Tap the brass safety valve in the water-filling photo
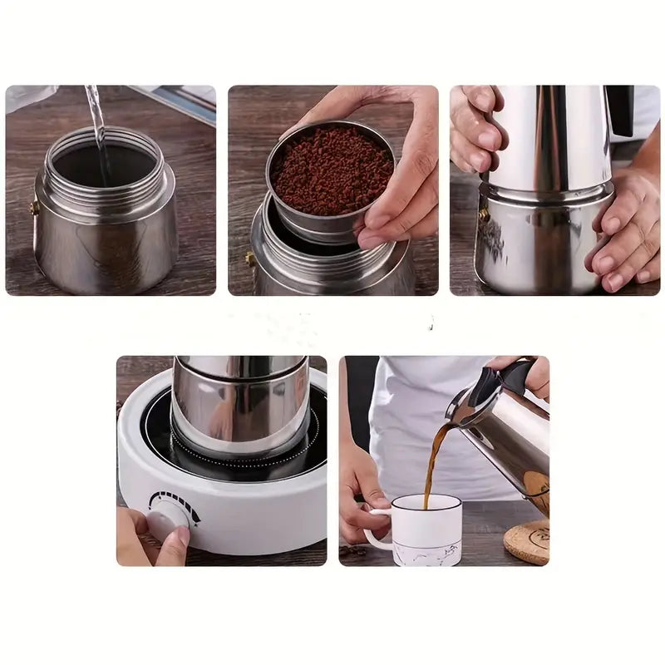pyautogui.click(x=34, y=208)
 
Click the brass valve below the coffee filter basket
pyautogui.click(x=249, y=259)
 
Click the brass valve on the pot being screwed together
pyautogui.click(x=483, y=214)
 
